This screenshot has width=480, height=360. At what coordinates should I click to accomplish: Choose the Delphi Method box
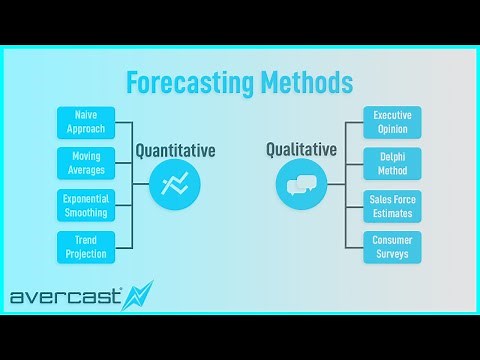pyautogui.click(x=392, y=164)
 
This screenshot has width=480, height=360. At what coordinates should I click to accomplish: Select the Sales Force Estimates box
pyautogui.click(x=392, y=205)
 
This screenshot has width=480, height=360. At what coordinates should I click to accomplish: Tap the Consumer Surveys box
pyautogui.click(x=392, y=246)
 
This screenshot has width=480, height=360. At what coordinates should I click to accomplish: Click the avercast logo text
pyautogui.click(x=65, y=297)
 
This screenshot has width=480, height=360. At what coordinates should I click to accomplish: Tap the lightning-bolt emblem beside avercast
pyautogui.click(x=137, y=296)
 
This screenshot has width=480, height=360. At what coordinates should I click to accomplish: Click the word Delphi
pyautogui.click(x=392, y=158)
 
